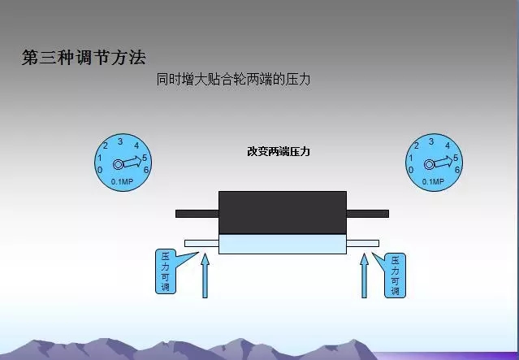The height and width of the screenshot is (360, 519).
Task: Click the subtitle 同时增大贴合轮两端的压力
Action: [234, 80]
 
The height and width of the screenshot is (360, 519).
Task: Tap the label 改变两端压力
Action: [279, 152]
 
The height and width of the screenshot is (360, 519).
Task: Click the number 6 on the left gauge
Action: [146, 170]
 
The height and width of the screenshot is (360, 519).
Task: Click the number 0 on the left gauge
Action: [99, 170]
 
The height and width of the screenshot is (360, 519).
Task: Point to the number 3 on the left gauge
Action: [120, 141]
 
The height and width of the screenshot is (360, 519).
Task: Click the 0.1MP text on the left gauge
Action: [123, 181]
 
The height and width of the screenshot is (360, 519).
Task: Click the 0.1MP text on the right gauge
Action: [434, 181]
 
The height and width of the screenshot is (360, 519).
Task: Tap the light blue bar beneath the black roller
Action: [282, 244]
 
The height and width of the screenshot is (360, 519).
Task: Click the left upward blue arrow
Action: [204, 276]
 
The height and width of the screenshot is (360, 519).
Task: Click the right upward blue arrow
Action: [364, 276]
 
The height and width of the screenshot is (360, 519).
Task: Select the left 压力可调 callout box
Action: [166, 272]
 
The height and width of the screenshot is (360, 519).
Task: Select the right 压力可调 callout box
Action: [395, 275]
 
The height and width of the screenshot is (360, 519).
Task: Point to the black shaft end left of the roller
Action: [197, 214]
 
